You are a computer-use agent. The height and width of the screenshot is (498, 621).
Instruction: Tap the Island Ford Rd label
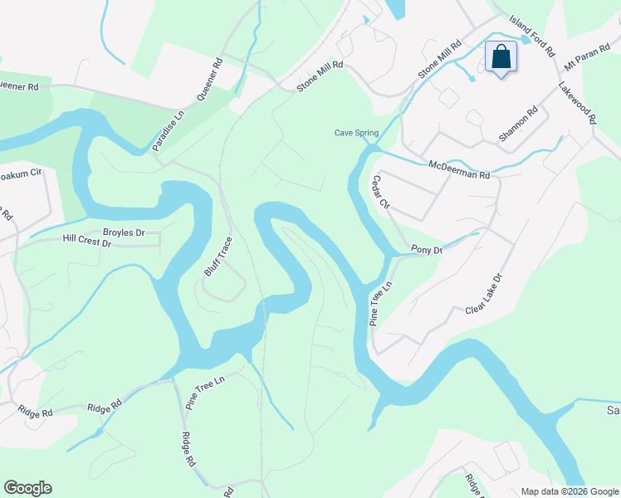coord(532,34)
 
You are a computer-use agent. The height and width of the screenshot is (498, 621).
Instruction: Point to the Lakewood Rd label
coord(577,103)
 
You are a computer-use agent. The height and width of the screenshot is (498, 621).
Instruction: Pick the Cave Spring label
coord(356,133)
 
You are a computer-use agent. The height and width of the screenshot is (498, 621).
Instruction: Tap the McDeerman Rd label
coord(459,170)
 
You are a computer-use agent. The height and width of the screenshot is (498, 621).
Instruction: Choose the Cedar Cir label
coord(381,192)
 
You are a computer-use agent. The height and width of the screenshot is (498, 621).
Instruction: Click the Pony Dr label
coord(427,250)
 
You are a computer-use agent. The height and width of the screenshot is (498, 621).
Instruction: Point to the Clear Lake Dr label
coord(485,295)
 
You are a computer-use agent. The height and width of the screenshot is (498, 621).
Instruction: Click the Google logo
coord(27,488)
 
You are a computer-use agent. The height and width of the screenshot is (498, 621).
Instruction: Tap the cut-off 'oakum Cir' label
coord(21,174)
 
